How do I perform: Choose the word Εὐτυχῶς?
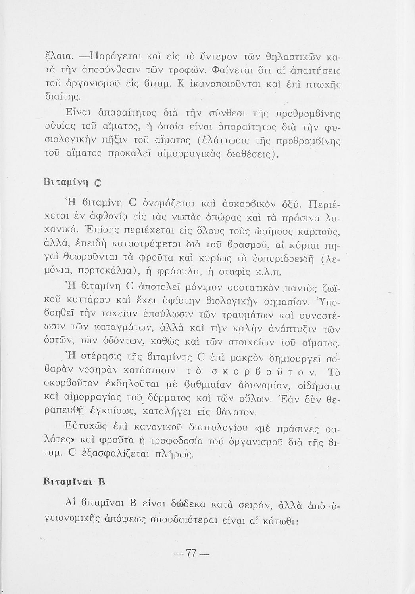(87, 427)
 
